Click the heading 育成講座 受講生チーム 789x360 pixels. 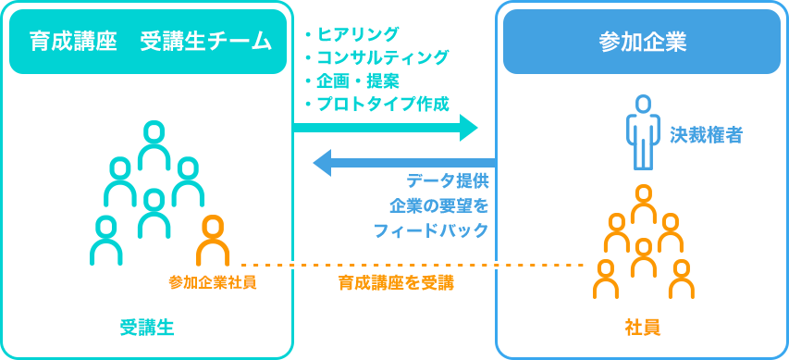(x=148, y=42)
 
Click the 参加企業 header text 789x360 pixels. (x=642, y=42)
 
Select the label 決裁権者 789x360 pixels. (x=706, y=135)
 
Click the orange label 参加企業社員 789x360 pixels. (x=212, y=282)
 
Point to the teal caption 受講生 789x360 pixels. (x=147, y=328)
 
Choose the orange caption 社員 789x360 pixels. (x=642, y=328)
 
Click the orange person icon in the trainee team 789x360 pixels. (x=213, y=241)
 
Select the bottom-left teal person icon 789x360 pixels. (x=106, y=241)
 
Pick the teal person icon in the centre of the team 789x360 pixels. (x=154, y=214)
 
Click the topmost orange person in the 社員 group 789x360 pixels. (x=644, y=204)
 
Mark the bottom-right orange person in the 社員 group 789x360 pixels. (x=682, y=279)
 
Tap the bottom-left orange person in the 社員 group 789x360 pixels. (x=606, y=279)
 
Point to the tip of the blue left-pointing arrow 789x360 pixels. (x=315, y=163)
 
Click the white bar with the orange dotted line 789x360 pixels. (x=394, y=265)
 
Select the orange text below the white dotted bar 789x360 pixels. (x=395, y=283)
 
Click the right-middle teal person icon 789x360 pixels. (x=188, y=181)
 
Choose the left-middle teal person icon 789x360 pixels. (x=120, y=181)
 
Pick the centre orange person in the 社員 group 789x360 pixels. (x=644, y=257)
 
